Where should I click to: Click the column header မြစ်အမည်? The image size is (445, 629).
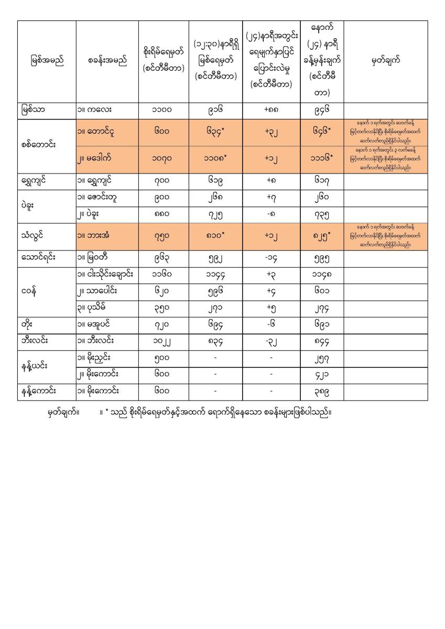tap(47, 61)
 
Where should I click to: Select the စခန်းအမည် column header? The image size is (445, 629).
tap(107, 61)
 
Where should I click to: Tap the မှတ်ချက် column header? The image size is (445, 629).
tap(385, 61)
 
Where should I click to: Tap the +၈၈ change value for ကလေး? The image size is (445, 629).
tap(271, 111)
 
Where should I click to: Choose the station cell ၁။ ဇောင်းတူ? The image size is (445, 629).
tap(100, 197)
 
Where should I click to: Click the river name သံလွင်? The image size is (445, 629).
tap(35, 235)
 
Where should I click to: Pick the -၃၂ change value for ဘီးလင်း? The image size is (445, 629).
tap(271, 341)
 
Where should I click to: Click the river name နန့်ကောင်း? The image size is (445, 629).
tap(40, 392)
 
